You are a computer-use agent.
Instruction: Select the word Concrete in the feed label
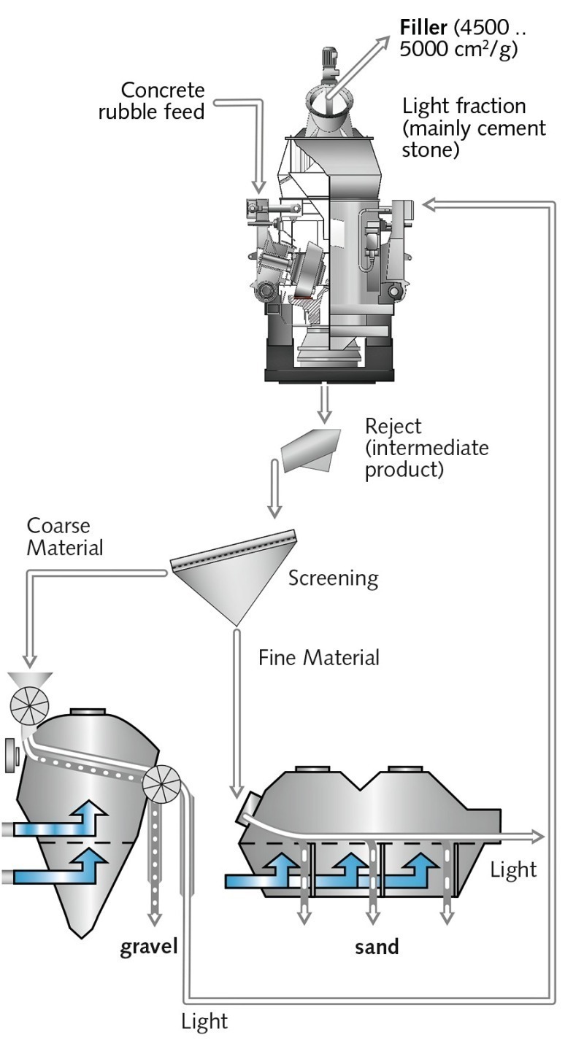point(163,91)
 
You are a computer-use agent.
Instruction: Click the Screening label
point(333,578)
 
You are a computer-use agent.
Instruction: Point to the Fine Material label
point(319,657)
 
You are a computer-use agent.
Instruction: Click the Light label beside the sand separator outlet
point(513,869)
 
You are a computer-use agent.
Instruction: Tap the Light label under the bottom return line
point(204,1021)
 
